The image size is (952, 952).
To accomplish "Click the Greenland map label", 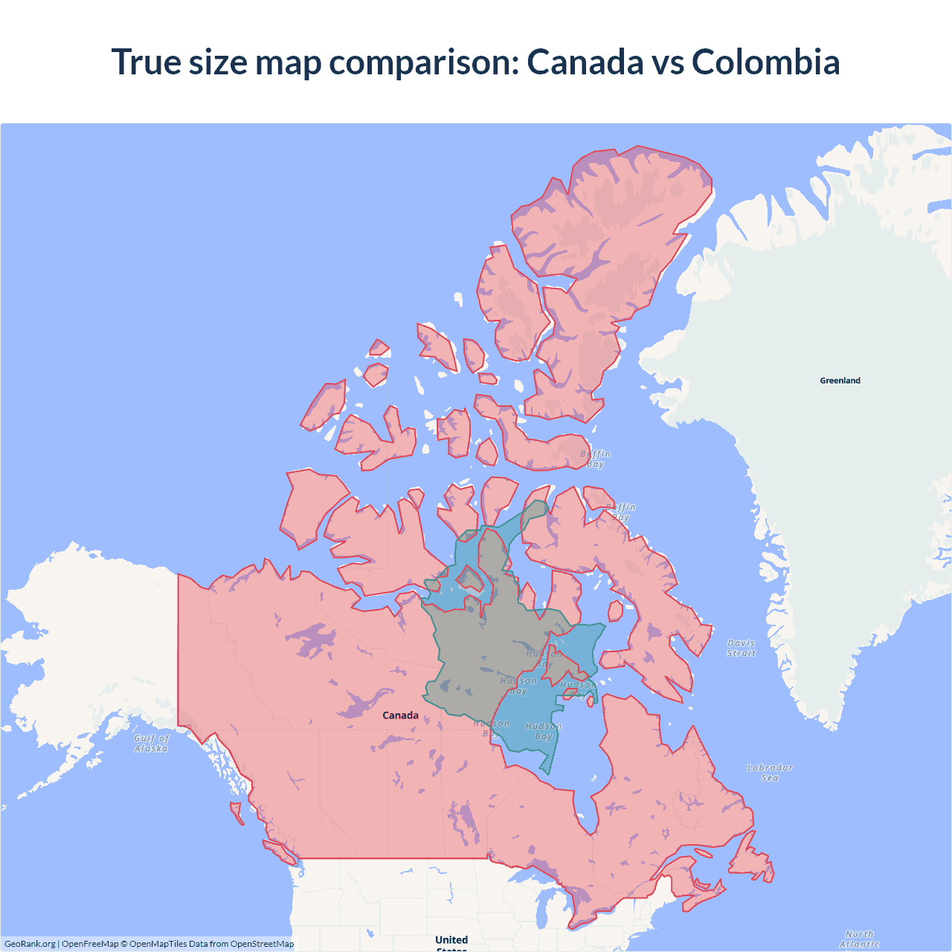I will [840, 380].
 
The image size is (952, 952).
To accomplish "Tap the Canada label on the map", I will [400, 715].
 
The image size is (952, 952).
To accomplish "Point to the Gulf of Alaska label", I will [152, 743].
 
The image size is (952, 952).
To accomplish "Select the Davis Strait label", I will [741, 648].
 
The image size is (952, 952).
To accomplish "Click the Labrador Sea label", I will [770, 772].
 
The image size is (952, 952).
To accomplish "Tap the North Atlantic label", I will [859, 939].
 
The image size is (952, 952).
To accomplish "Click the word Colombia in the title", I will [765, 62].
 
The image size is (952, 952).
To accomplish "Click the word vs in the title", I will [667, 62].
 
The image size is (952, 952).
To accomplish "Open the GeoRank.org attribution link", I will [30, 944].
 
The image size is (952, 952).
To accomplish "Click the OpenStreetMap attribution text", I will [262, 944].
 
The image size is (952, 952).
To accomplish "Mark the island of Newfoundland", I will [751, 859].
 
